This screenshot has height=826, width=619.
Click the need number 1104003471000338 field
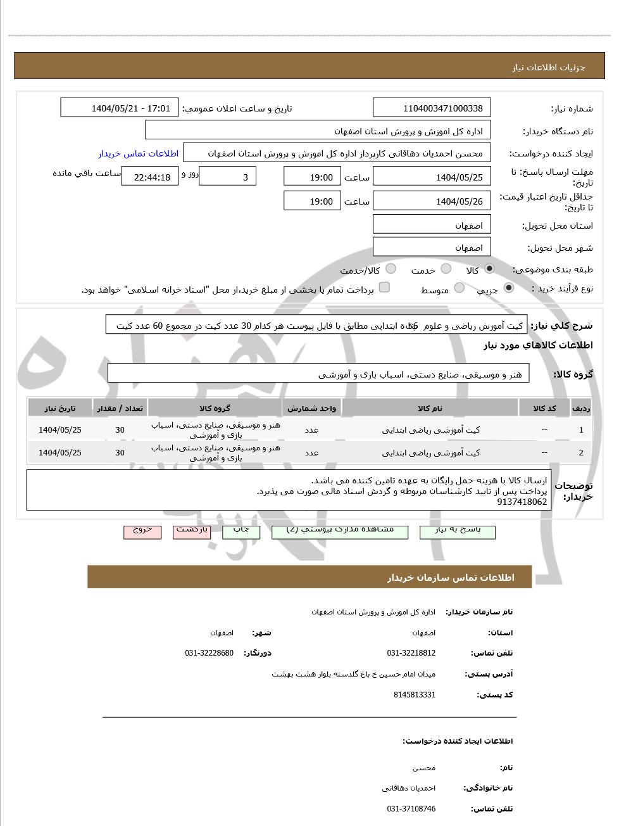coord(432,108)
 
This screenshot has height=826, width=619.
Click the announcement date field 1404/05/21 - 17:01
coord(120,108)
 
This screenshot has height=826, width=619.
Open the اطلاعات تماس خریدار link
coord(138,153)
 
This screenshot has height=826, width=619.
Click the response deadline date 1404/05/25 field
coord(432,177)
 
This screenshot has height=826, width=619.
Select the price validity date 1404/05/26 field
coord(432,201)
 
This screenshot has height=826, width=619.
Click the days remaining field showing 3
coord(227,177)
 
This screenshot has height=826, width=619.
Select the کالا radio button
coord(489,269)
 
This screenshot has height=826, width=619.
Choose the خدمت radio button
coord(446,269)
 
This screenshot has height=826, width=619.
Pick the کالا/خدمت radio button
coord(391,269)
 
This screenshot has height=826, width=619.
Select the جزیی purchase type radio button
coord(509,288)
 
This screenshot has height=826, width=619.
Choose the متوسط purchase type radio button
coord(460,288)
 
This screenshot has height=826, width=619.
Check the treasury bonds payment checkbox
coord(384,288)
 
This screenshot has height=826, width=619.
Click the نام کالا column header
coord(430,408)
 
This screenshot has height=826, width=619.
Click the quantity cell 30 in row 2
coord(120,452)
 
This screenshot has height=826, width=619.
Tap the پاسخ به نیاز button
coord(458,531)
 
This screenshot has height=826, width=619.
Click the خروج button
coord(142,531)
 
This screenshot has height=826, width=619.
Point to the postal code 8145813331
coord(414,694)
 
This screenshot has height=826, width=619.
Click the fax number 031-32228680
coord(209,652)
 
